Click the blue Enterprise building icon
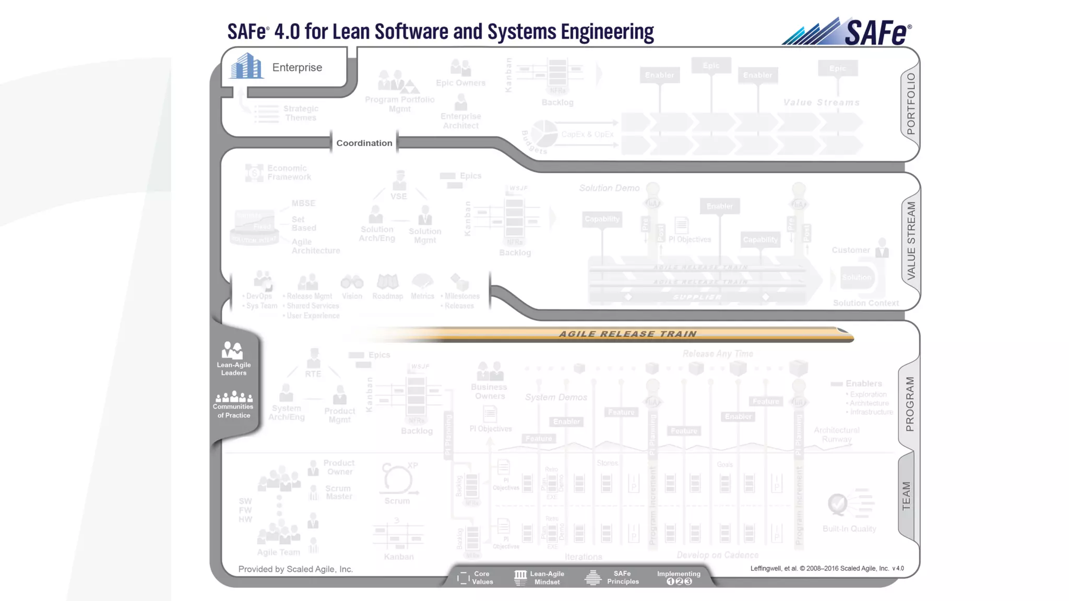246,66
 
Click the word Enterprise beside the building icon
297,67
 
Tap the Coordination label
364,143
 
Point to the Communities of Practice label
233,411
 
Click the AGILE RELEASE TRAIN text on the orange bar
627,334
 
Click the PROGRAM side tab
910,404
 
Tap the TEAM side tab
907,496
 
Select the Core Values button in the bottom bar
476,578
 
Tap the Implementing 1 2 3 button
679,578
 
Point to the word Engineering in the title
607,32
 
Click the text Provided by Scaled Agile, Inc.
295,569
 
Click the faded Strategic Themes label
301,113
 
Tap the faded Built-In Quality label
849,529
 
